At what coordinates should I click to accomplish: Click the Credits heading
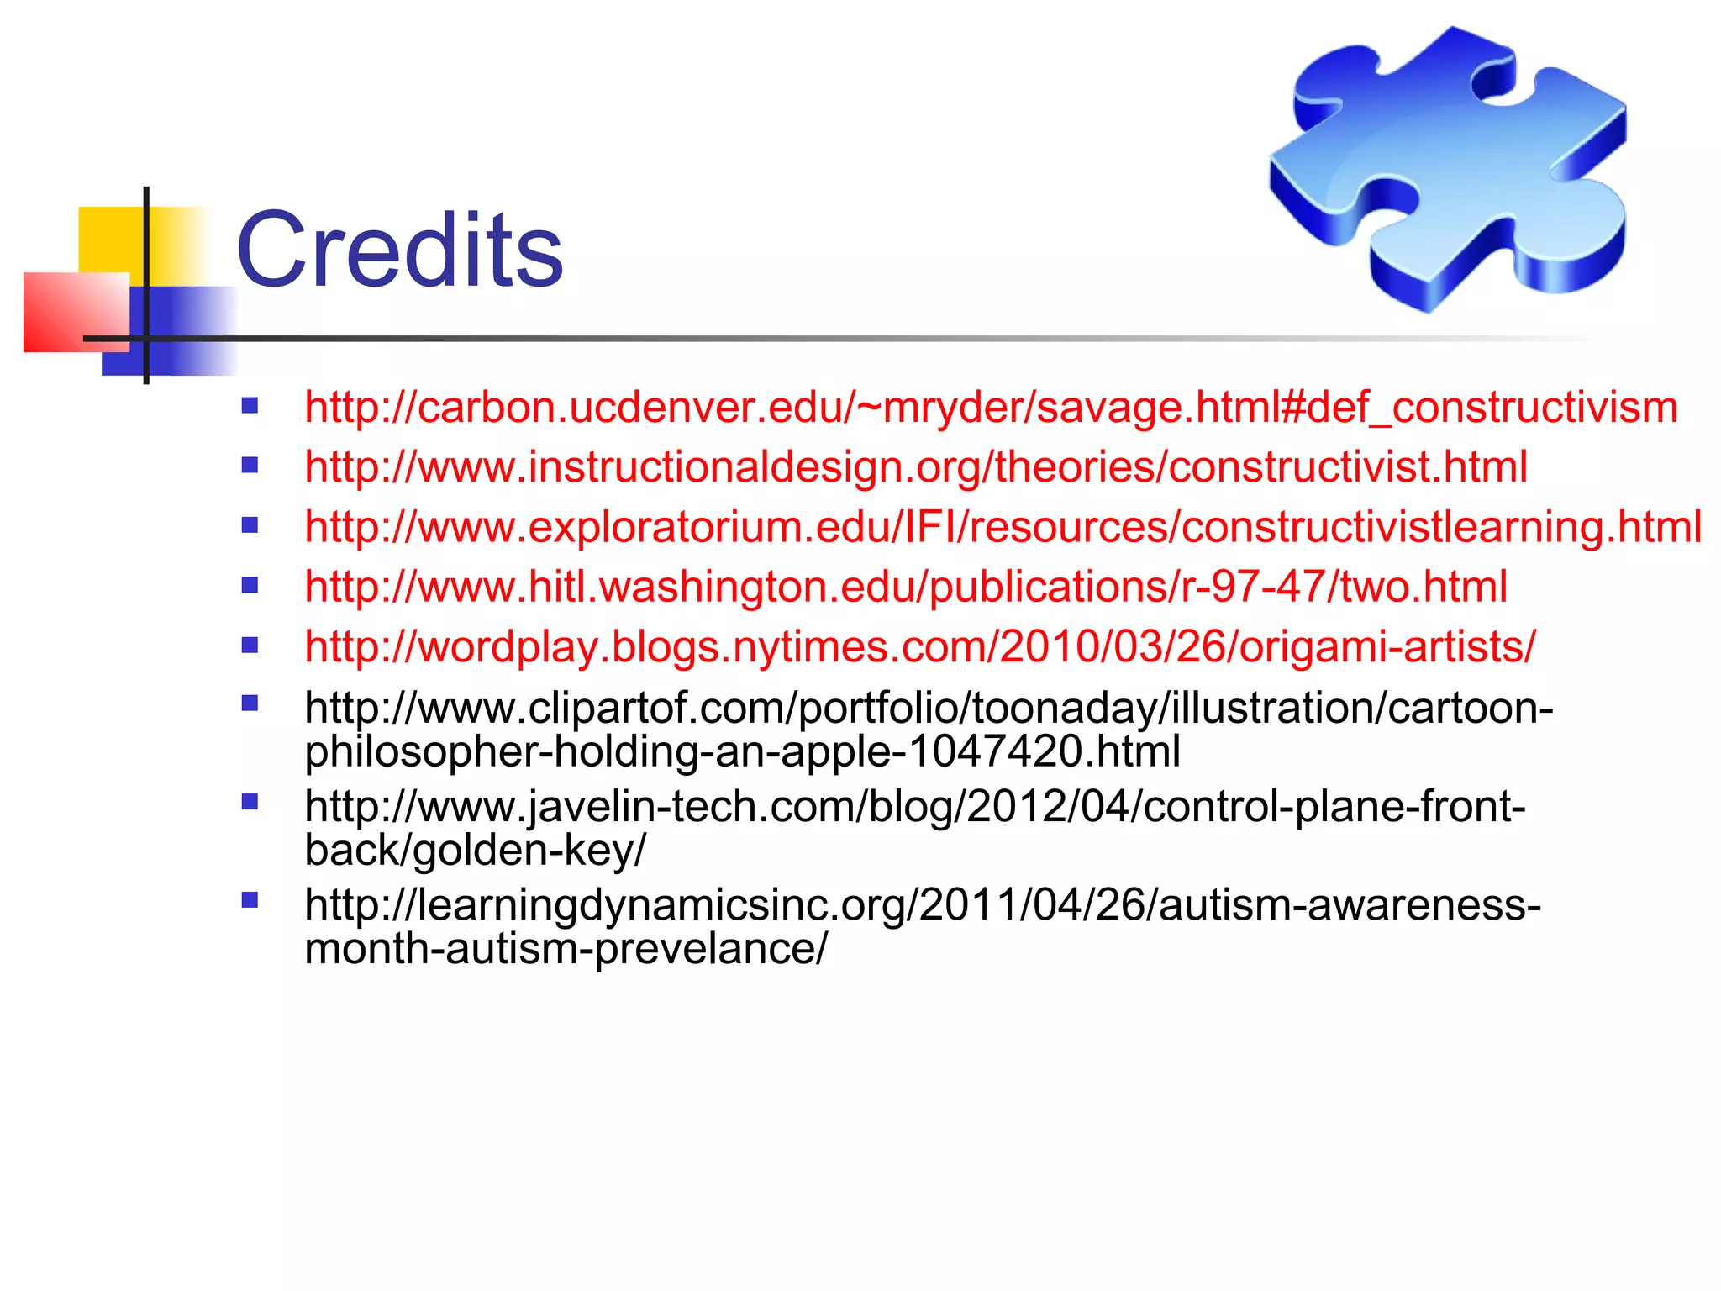[399, 250]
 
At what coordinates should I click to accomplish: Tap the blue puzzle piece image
[1447, 168]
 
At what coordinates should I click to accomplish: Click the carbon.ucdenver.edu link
[990, 408]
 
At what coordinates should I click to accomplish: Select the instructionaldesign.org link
[915, 467]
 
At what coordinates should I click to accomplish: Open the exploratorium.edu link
[1003, 528]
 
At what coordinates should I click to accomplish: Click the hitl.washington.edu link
[905, 588]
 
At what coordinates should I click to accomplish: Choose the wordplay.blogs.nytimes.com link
[919, 647]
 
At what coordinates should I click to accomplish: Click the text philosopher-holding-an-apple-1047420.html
[742, 751]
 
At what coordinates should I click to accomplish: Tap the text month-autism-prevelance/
[566, 949]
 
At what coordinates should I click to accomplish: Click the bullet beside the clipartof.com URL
[250, 703]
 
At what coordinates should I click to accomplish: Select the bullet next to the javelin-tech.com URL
[250, 801]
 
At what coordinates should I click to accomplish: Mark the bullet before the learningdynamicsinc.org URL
[250, 900]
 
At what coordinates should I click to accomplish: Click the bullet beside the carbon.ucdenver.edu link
[250, 407]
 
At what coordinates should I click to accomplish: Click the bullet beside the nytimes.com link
[250, 645]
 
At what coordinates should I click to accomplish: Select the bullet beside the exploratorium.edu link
[250, 526]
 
